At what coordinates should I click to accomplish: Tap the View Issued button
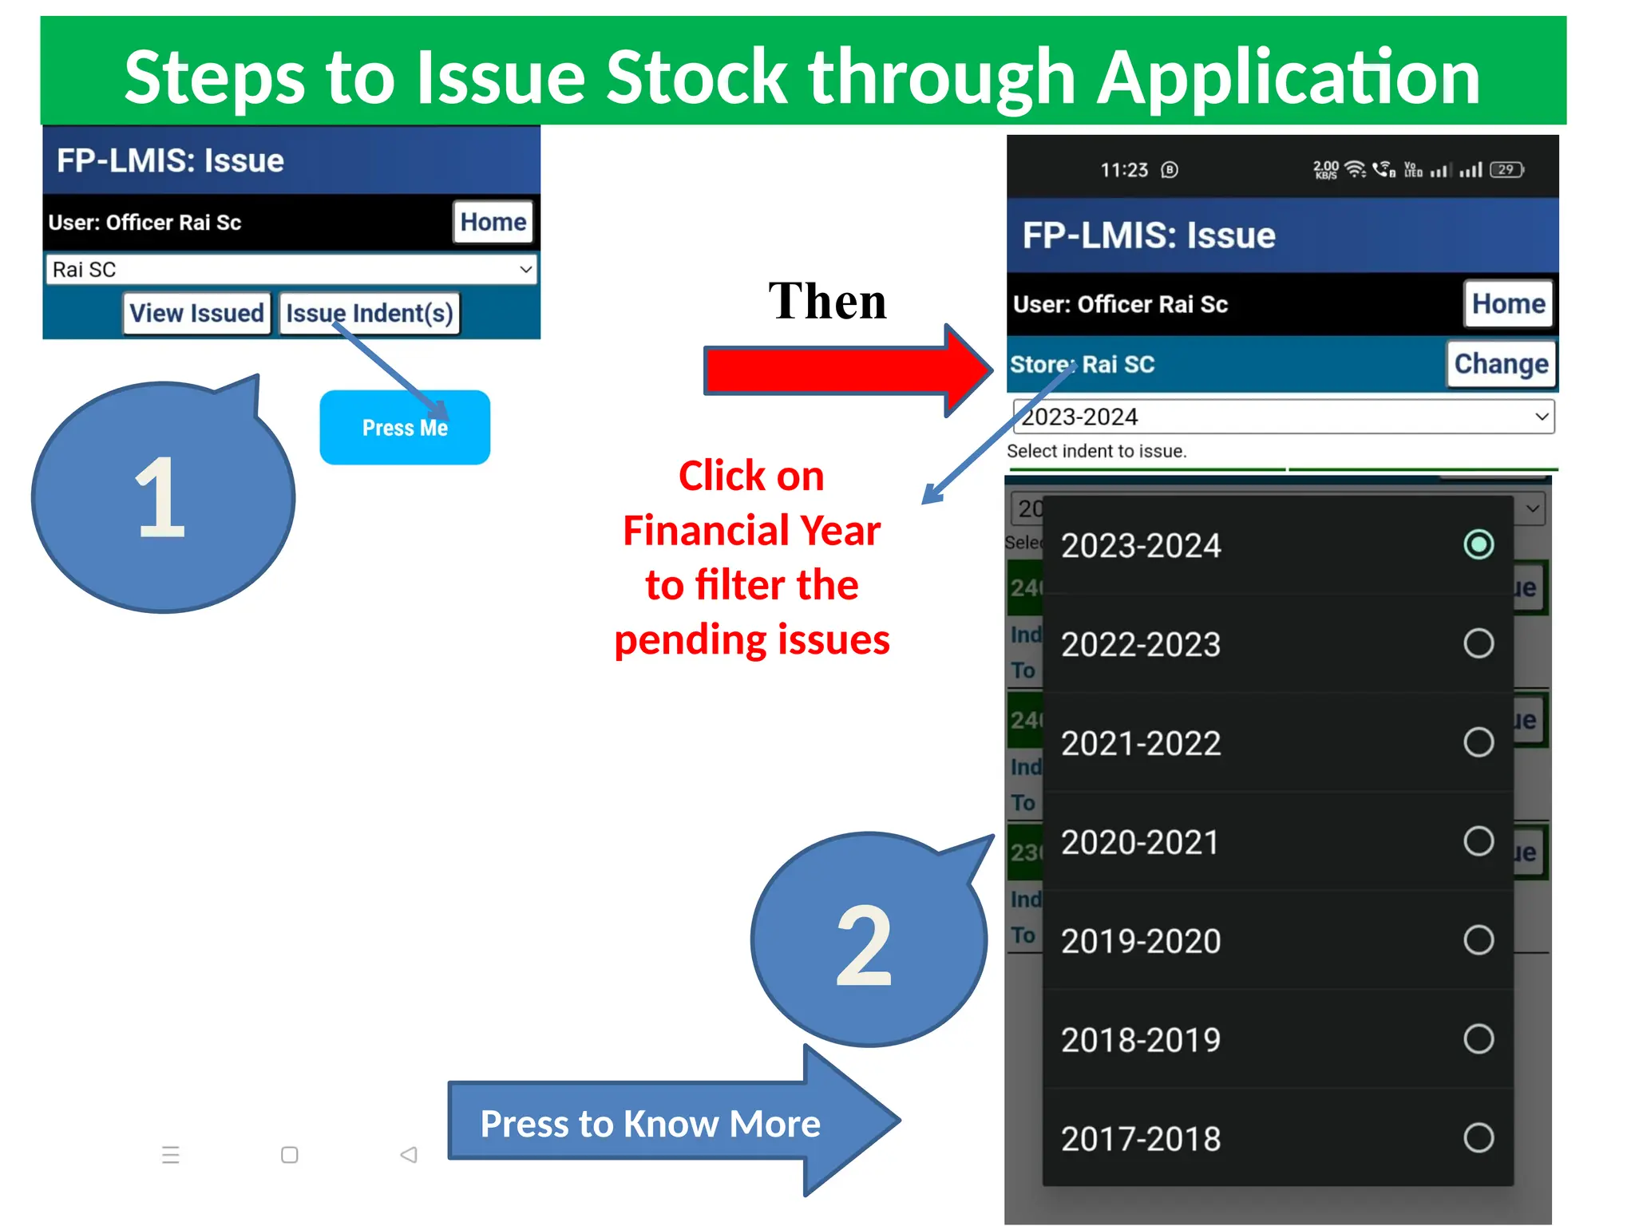(x=196, y=313)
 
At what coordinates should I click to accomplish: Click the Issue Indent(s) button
(x=370, y=313)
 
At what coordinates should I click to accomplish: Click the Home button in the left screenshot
(x=493, y=222)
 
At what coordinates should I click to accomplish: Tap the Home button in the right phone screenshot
(x=1508, y=303)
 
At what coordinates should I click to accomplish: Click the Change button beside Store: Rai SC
(x=1501, y=364)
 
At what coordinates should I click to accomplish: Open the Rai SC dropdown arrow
(x=525, y=269)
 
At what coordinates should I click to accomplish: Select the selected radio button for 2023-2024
(x=1479, y=545)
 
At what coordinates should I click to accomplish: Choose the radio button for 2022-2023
(x=1479, y=643)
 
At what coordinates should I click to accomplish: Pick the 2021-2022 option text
(x=1141, y=743)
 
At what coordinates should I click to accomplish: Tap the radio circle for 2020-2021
(x=1479, y=841)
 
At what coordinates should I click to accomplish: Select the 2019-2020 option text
(x=1141, y=941)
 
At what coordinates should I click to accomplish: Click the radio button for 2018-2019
(x=1479, y=1039)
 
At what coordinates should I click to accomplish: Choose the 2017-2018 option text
(x=1141, y=1139)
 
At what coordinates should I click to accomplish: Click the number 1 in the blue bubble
(x=160, y=500)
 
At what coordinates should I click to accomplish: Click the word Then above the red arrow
(x=827, y=302)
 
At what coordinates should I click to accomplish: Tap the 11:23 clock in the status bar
(x=1123, y=170)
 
